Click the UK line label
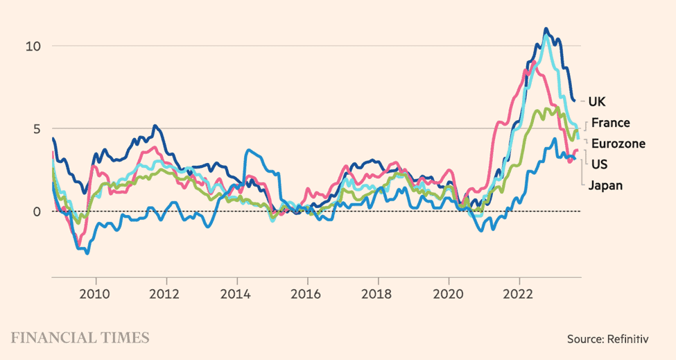pyautogui.click(x=596, y=102)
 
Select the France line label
pyautogui.click(x=610, y=123)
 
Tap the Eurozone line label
pyautogui.click(x=617, y=144)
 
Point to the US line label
pyautogui.click(x=600, y=164)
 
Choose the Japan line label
pyautogui.click(x=605, y=185)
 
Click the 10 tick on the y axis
pyautogui.click(x=33, y=46)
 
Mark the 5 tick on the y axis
pyautogui.click(x=37, y=129)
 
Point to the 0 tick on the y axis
pyautogui.click(x=37, y=212)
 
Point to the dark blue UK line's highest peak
pyautogui.click(x=546, y=29)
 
